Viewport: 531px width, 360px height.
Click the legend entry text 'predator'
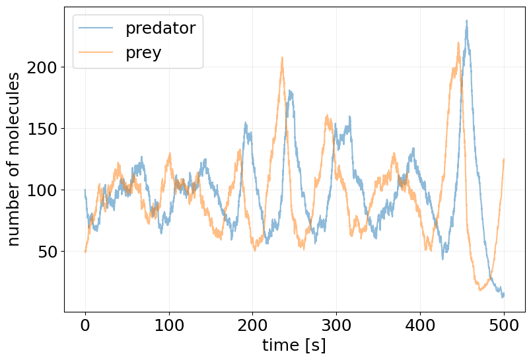click(160, 28)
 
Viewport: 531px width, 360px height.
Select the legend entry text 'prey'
click(143, 53)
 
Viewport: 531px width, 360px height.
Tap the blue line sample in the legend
click(96, 28)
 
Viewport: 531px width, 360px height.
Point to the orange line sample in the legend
click(96, 53)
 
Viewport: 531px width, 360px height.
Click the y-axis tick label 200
click(42, 67)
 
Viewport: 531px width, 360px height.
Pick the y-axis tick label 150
click(42, 129)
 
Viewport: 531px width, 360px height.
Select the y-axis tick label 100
click(42, 190)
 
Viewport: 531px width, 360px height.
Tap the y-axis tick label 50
click(46, 252)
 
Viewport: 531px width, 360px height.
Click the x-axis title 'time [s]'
click(294, 345)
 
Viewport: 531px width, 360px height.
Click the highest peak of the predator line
click(466, 20)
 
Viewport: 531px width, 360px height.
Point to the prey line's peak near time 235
click(282, 57)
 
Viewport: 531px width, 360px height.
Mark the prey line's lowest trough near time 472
click(480, 289)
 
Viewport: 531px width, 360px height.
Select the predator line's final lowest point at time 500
click(503, 297)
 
